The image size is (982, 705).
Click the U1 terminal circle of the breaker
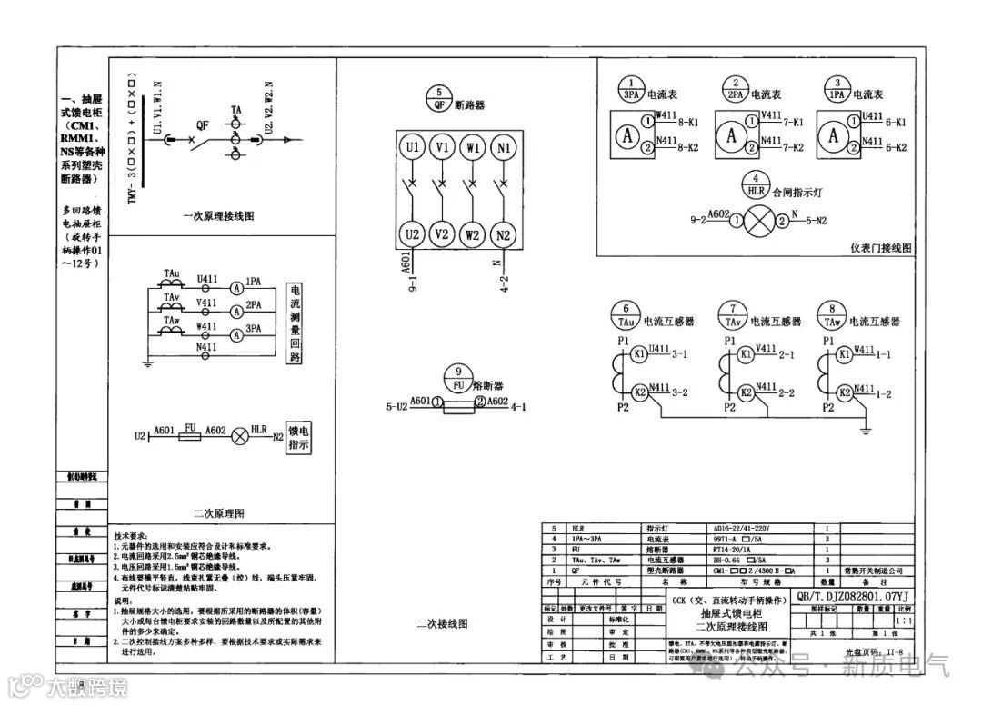tap(413, 147)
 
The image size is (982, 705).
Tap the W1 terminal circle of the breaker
tap(473, 147)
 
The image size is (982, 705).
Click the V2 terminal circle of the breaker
tap(443, 234)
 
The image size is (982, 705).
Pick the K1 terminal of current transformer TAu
tap(639, 352)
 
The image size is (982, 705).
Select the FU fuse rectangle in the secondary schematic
tap(190, 437)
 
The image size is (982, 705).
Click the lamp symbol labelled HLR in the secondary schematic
tap(241, 437)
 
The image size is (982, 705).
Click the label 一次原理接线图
tap(218, 217)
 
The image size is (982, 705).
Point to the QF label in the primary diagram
tap(202, 125)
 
